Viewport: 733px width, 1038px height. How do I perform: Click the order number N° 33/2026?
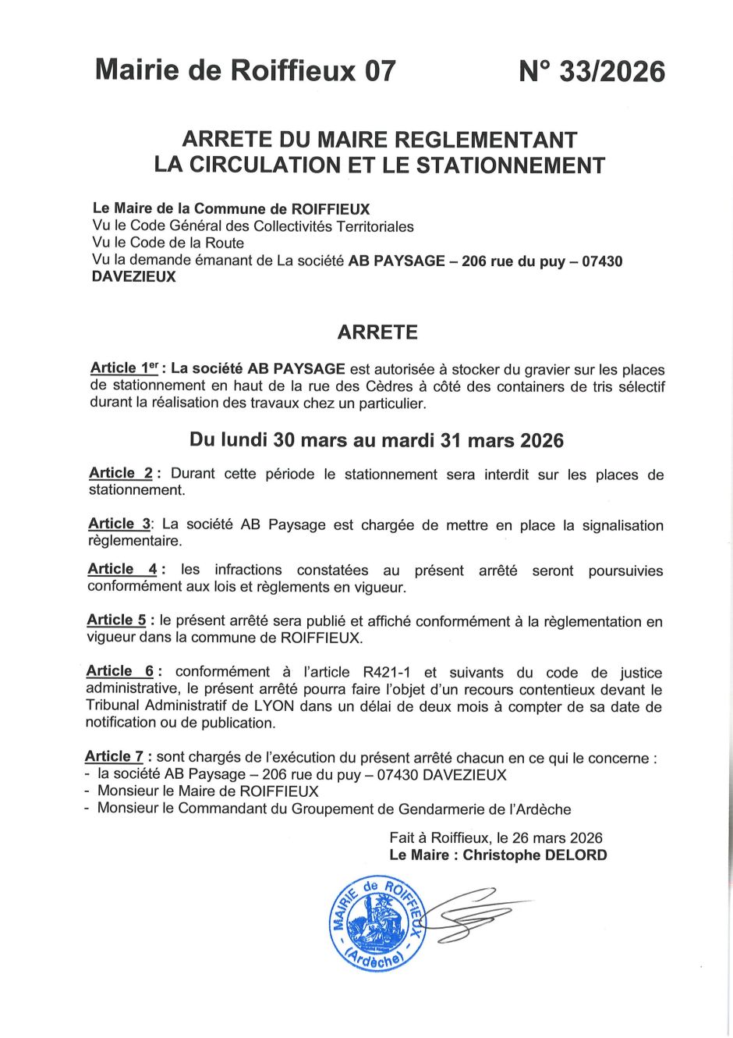pos(592,72)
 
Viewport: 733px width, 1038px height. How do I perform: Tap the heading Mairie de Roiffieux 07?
pos(246,71)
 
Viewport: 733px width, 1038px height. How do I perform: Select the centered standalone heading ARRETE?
pos(377,332)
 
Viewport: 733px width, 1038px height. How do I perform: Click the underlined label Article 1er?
pos(124,368)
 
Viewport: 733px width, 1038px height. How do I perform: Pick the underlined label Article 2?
pos(121,473)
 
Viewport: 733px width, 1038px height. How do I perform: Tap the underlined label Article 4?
pos(122,570)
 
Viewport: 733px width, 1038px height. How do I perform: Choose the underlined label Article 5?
pos(116,620)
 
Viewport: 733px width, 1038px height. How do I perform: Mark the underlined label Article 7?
pos(114,757)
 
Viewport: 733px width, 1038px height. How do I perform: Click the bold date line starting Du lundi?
pos(377,441)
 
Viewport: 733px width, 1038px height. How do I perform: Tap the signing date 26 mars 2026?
pos(558,838)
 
